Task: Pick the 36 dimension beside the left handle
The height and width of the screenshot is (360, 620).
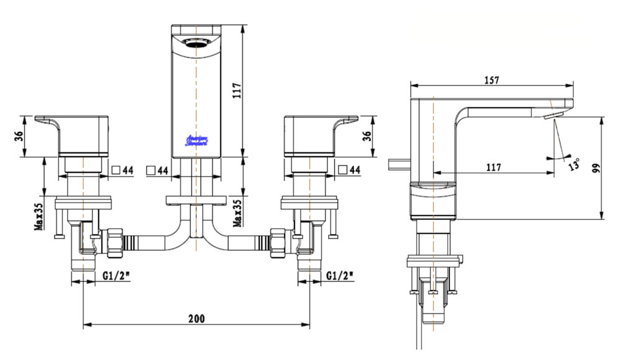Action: point(18,134)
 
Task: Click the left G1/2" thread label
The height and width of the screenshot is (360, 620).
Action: point(115,275)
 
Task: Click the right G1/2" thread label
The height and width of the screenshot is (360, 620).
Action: point(340,275)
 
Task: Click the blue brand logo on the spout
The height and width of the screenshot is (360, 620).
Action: point(197,139)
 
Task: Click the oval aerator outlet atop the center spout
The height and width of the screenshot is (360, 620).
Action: point(197,43)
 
